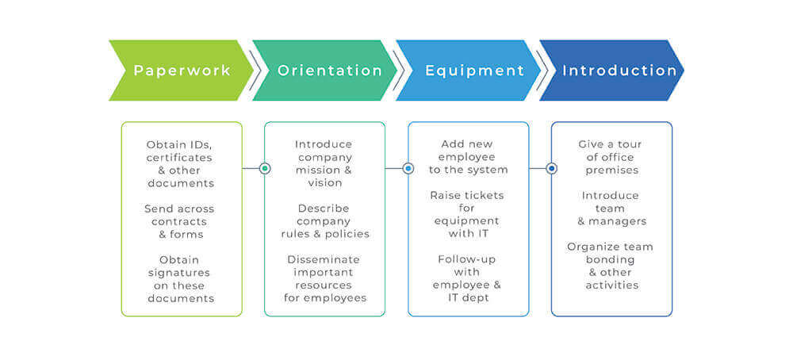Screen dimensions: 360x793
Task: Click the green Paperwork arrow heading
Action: tap(182, 71)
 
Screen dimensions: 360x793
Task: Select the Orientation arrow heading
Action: tap(329, 71)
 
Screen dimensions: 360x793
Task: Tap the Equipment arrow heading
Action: tap(474, 71)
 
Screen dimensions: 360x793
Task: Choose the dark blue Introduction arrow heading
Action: tap(619, 71)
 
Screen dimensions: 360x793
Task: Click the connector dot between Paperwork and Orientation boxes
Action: tap(265, 168)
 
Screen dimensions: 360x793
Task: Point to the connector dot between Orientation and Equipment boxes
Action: tap(408, 168)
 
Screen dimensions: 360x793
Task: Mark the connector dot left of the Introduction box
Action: tap(552, 168)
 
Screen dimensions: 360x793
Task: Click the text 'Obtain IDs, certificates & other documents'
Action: tap(180, 163)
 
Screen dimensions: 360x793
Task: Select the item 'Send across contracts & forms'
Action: tap(180, 221)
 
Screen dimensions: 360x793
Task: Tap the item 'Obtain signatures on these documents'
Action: tap(180, 279)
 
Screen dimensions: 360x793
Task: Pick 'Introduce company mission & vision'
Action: tap(324, 163)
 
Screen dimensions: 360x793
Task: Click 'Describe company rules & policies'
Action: tap(324, 221)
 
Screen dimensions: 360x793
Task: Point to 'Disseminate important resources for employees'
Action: tap(324, 279)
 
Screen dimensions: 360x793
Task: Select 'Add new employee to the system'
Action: tap(468, 156)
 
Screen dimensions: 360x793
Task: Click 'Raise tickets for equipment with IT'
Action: tap(468, 214)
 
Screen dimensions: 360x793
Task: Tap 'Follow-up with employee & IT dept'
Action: tap(468, 278)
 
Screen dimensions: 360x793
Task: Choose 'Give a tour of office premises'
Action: tap(611, 156)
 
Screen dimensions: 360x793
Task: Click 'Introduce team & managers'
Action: tap(611, 208)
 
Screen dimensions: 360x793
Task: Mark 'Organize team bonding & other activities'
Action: tap(611, 266)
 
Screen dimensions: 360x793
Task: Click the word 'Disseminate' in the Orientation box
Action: tap(324, 259)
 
